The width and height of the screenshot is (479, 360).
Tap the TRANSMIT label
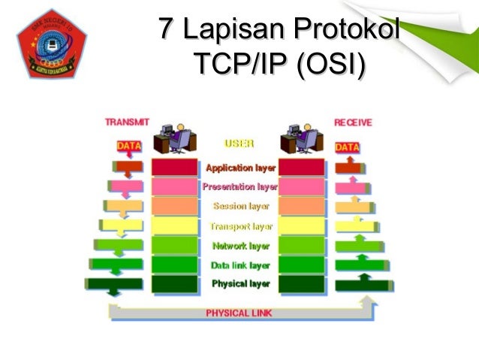127,122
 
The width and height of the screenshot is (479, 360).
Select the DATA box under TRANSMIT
129,147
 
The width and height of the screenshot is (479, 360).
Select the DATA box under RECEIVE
347,147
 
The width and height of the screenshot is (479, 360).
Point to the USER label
239,142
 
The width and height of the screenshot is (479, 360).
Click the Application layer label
240,168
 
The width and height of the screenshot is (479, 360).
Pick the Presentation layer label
240,186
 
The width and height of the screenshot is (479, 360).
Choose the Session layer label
240,206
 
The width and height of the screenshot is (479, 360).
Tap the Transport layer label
240,225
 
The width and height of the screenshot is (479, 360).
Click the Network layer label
240,245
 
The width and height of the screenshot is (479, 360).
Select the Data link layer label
240,265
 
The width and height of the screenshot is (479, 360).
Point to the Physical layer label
240,283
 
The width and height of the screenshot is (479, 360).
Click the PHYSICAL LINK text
239,312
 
